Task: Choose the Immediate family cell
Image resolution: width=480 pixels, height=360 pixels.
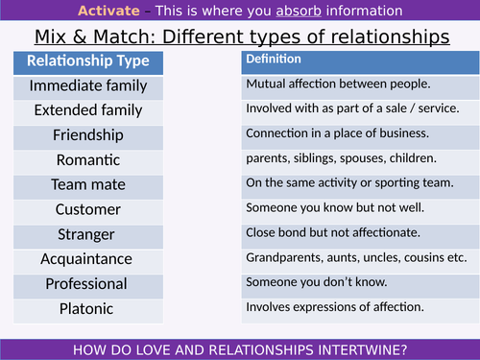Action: [87, 86]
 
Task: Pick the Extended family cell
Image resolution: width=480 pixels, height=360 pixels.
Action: [87, 110]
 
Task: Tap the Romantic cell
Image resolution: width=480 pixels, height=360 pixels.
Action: [87, 159]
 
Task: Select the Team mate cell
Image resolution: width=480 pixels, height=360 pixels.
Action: [87, 184]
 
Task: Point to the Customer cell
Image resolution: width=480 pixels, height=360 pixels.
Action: [87, 209]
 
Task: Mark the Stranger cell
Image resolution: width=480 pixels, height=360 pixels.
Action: [87, 233]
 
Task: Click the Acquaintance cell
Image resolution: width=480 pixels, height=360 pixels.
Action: [87, 258]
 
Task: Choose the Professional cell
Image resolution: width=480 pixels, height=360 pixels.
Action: [87, 283]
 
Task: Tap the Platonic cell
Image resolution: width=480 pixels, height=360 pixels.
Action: [87, 307]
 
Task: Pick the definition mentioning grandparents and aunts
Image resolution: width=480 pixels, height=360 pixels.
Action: [356, 257]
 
